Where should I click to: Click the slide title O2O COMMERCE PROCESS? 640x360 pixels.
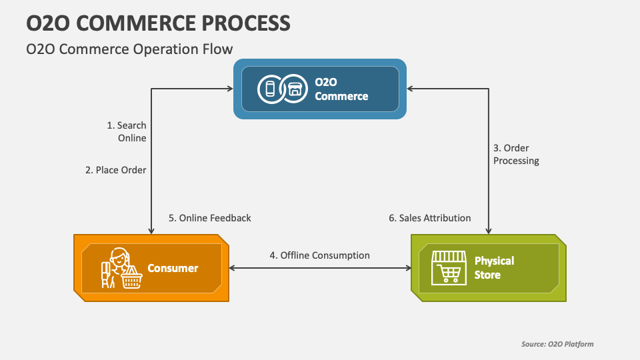coord(159,23)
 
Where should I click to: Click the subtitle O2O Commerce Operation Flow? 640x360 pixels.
coord(129,49)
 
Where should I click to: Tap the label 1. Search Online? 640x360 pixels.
coord(127,131)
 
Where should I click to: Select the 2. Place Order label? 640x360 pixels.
coord(116,170)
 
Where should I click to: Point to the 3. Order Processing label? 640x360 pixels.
coord(516,154)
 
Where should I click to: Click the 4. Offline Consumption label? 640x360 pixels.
coord(319,255)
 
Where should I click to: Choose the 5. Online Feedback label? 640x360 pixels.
coord(209,218)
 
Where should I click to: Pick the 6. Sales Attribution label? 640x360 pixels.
coord(429,218)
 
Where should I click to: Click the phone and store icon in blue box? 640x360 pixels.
coord(280,89)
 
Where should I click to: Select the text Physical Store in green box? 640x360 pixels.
coord(494,267)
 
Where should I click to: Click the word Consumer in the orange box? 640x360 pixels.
coord(173,268)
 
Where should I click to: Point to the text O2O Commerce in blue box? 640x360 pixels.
coord(341,89)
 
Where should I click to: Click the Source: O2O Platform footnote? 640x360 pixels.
coord(557,344)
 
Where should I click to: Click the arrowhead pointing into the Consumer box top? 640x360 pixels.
coord(152,230)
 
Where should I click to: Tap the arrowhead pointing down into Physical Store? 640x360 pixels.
coord(490,230)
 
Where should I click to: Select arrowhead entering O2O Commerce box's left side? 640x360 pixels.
coord(228,89)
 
